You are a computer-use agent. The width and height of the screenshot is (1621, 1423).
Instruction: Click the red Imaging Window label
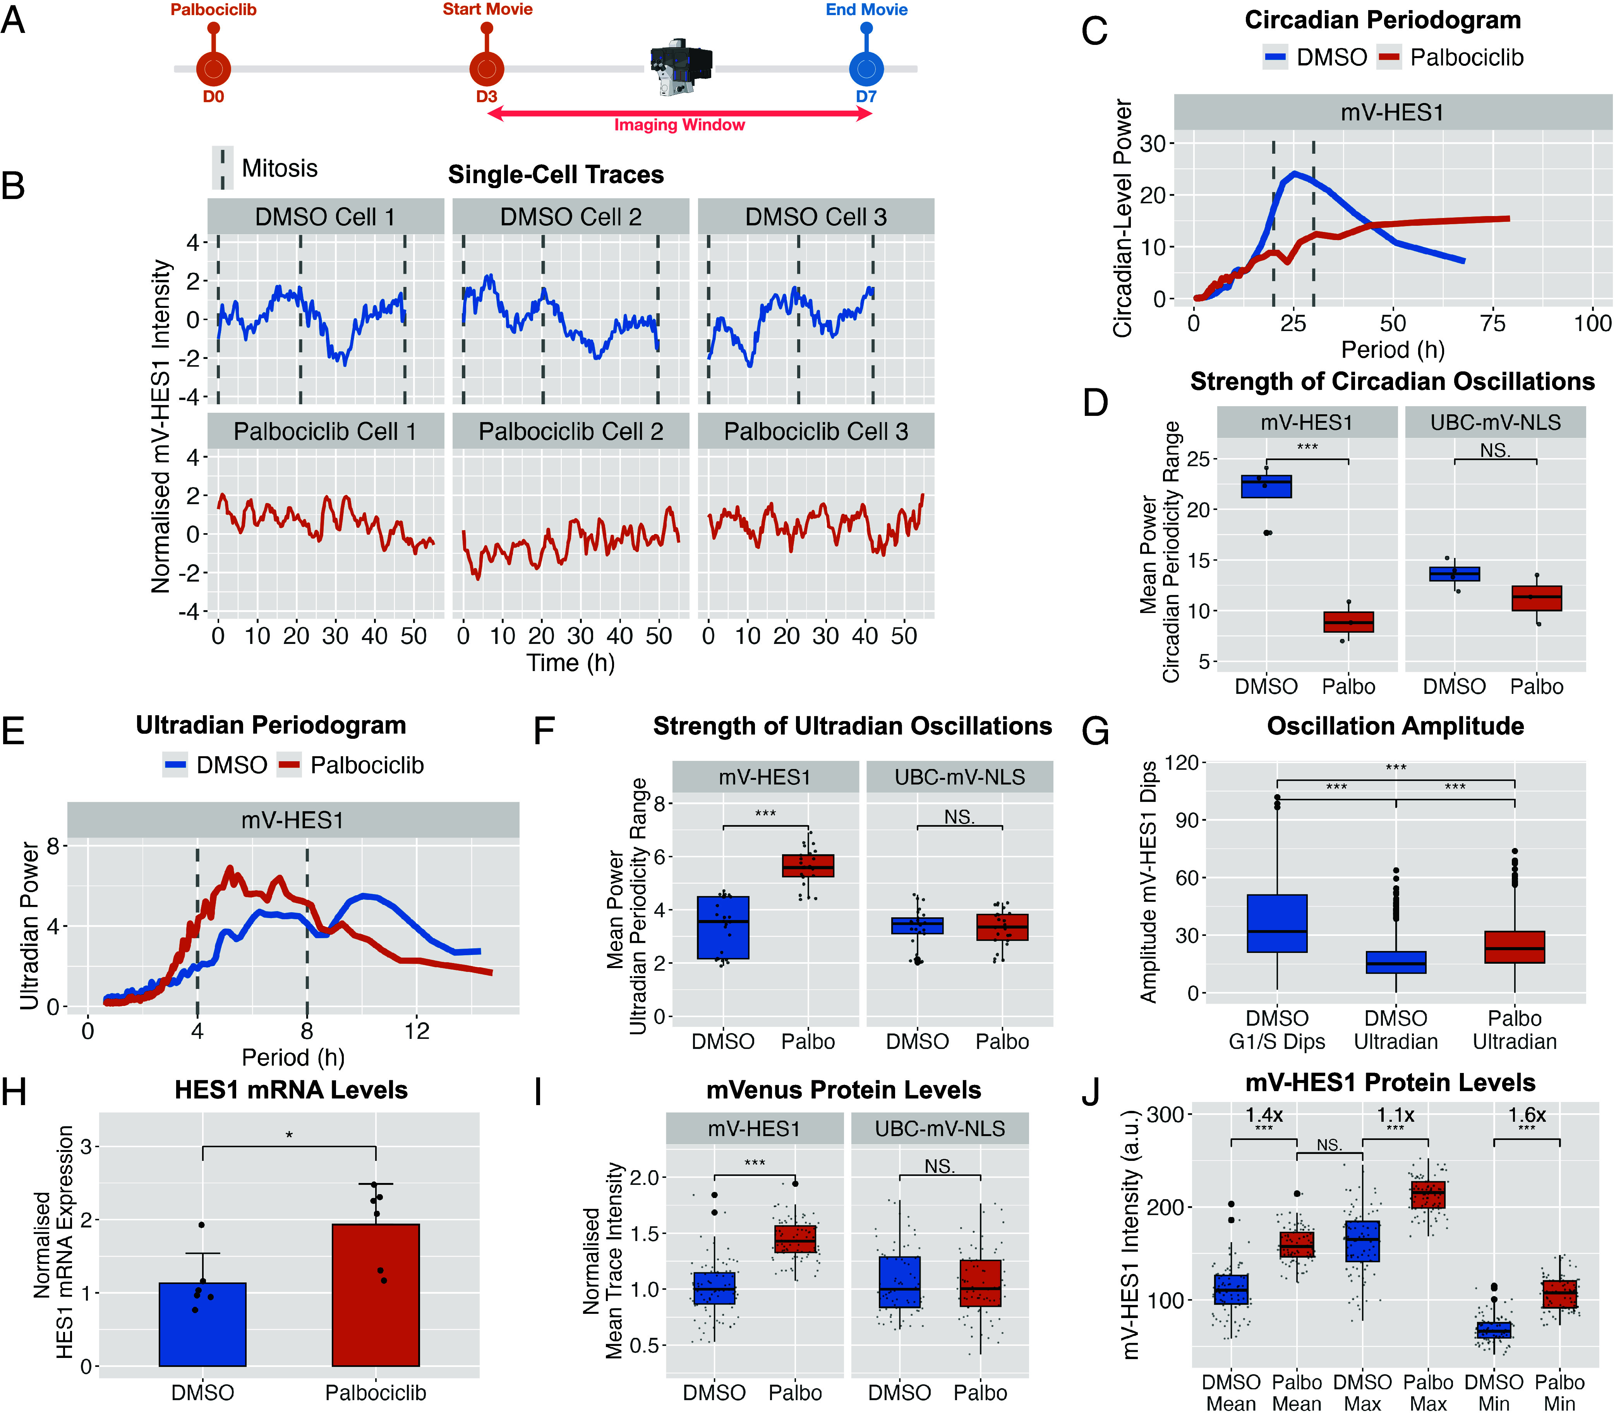680,125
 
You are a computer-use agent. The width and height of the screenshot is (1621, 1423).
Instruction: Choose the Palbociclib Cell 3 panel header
816,431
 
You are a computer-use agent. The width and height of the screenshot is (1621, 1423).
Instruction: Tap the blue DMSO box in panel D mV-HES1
1266,486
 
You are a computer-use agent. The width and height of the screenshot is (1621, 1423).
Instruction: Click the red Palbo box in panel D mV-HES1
1349,622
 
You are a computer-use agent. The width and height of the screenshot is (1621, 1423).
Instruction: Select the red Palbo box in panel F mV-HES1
808,865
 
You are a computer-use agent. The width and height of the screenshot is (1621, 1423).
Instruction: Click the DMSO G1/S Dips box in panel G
1277,923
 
